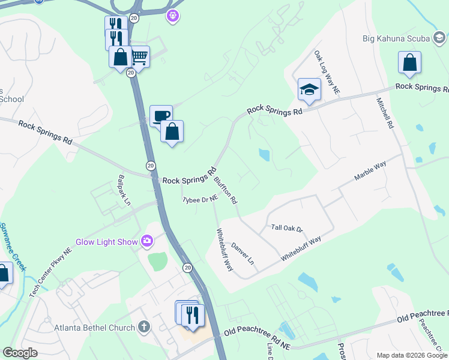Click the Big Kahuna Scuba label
click(396, 39)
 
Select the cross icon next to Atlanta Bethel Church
click(143, 327)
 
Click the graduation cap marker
click(309, 89)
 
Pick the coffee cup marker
click(161, 115)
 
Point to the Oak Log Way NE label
click(327, 71)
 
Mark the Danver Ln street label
click(243, 254)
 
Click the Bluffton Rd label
click(226, 188)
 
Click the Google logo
click(20, 353)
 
